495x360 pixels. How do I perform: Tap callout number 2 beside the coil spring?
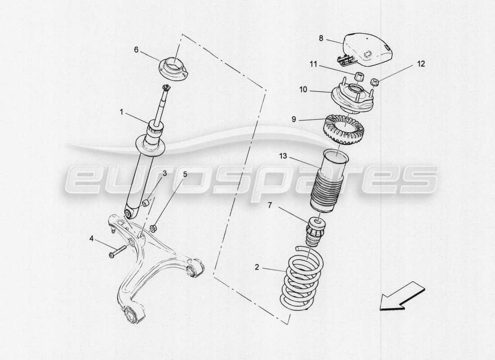point(257,268)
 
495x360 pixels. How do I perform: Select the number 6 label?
point(136,50)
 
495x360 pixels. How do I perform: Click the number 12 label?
point(421,64)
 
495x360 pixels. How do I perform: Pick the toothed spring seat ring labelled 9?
point(344,130)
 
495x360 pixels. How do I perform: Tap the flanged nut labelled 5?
point(154,228)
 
